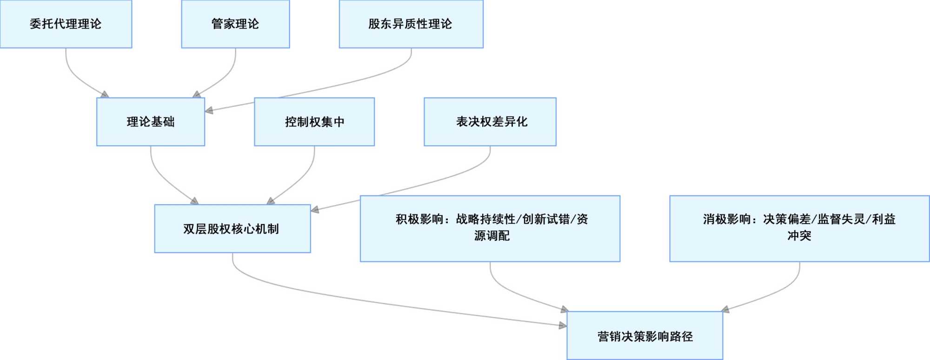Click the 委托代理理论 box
[66, 24]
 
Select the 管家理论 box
[235, 24]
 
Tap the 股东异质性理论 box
[411, 24]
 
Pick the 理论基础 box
[151, 122]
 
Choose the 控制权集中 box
[314, 122]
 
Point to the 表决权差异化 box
[490, 122]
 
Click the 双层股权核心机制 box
[232, 229]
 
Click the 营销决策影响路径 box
[645, 336]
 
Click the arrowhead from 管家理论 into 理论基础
[196, 95]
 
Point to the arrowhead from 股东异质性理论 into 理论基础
[209, 111]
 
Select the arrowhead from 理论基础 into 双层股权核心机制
[195, 201]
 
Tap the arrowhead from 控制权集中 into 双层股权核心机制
[270, 201]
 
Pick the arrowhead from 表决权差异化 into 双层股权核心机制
[315, 210]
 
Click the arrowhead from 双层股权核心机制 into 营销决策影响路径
[563, 326]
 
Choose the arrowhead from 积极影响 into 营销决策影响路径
[565, 309]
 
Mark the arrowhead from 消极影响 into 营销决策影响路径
[725, 309]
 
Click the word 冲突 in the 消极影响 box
[799, 236]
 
